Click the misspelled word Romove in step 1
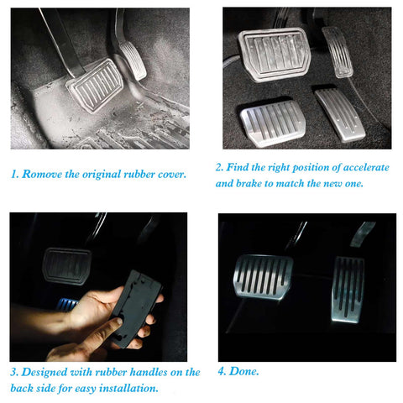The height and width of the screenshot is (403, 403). click(42, 174)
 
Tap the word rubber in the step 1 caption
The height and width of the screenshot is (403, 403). click(139, 174)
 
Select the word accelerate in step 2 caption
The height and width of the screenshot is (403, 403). click(366, 167)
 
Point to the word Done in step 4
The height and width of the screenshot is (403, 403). click(243, 371)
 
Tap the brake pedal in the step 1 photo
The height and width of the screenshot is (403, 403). click(95, 85)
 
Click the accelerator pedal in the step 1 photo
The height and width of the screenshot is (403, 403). click(133, 60)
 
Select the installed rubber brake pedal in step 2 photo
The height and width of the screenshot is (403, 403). click(275, 55)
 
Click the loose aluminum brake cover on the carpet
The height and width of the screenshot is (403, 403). click(273, 123)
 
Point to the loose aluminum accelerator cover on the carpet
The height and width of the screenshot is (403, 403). click(340, 115)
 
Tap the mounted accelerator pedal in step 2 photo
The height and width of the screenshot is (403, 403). click(338, 52)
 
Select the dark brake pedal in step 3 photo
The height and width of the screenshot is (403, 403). click(66, 266)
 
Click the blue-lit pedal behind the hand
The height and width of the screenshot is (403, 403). click(66, 305)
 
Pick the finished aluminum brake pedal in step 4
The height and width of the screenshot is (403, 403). click(263, 277)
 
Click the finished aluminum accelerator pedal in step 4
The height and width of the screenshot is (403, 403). click(348, 290)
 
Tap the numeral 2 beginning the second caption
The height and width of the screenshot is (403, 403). click(218, 167)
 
